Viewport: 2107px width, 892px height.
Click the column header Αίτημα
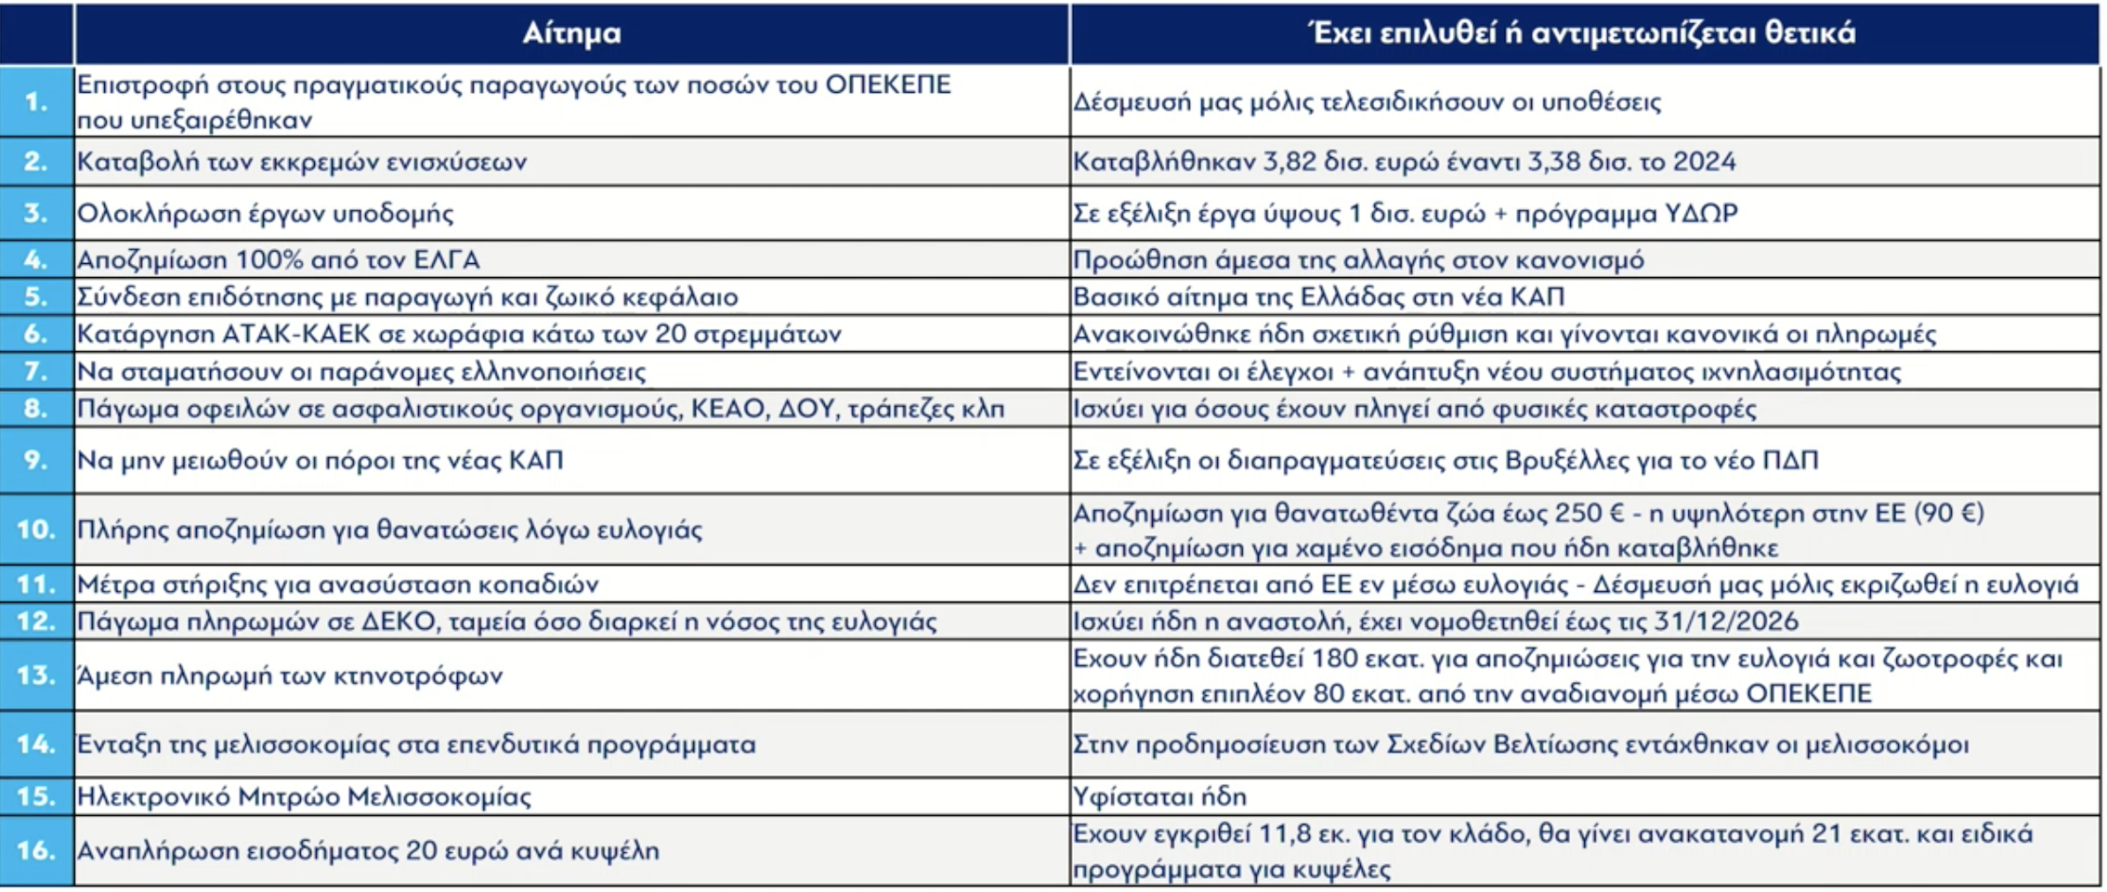click(570, 33)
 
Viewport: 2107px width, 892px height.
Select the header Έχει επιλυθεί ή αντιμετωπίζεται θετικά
click(1581, 33)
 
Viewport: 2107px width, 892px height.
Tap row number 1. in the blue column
click(36, 101)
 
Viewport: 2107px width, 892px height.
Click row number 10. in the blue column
click(36, 530)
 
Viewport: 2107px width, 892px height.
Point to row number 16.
click(36, 850)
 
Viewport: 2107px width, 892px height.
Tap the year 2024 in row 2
click(1704, 162)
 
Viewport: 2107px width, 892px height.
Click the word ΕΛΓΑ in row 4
click(445, 259)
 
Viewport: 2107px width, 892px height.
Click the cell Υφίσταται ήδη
click(1159, 796)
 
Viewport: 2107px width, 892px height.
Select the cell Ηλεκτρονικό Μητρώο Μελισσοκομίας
click(304, 796)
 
